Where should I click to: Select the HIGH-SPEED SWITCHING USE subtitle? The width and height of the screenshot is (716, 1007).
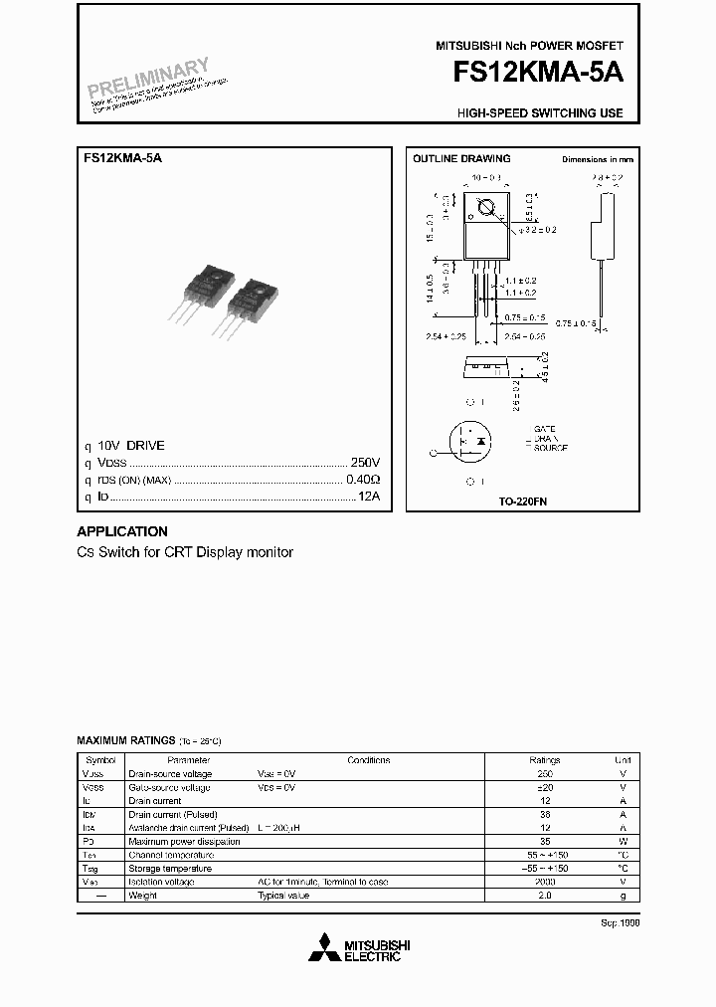[540, 113]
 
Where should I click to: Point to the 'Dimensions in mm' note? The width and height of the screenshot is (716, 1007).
[597, 159]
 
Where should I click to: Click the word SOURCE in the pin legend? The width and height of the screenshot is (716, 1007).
[550, 449]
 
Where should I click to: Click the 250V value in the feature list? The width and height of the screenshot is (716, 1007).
[364, 463]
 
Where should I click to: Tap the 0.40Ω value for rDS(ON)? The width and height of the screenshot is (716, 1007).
[363, 480]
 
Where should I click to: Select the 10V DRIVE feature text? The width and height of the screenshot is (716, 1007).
[131, 446]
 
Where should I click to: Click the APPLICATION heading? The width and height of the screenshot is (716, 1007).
[122, 531]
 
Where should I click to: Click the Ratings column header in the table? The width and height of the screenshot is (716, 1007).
[545, 760]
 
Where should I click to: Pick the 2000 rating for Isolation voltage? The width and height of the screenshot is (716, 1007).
[545, 882]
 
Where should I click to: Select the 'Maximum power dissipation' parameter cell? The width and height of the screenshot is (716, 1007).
[184, 842]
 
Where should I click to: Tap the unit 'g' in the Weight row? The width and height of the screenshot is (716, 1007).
[624, 896]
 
